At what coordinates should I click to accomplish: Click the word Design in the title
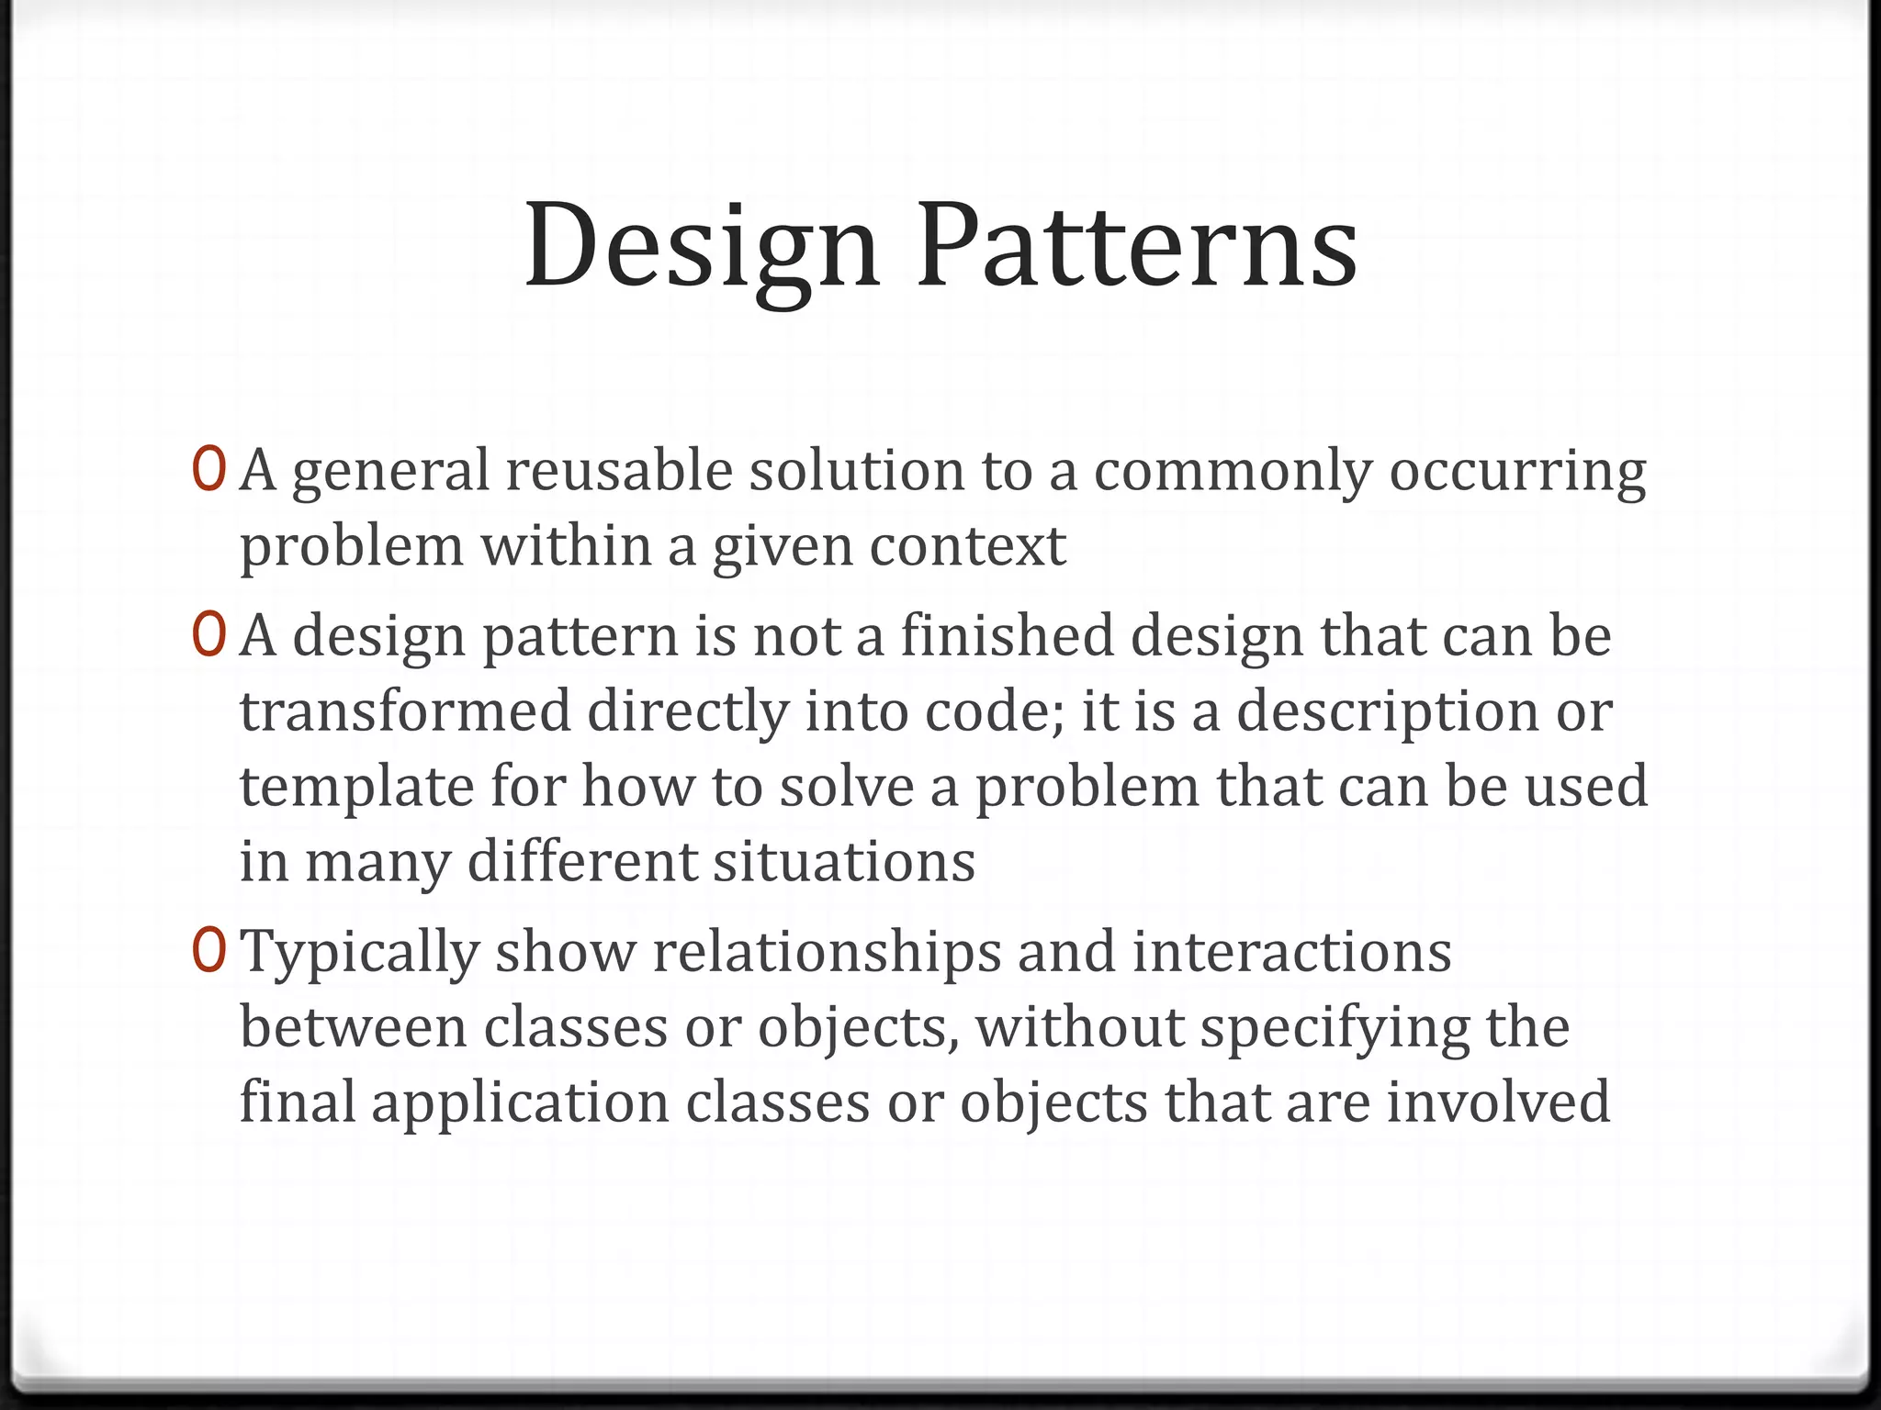coord(702,246)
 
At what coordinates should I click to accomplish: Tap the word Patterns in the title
coord(1137,246)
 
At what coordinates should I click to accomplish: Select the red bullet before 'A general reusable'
coord(209,469)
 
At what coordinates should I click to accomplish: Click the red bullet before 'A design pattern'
coord(209,635)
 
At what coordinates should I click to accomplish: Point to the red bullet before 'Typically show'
coord(209,951)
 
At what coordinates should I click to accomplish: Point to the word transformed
coord(405,711)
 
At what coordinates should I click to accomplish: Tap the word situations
coord(844,862)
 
